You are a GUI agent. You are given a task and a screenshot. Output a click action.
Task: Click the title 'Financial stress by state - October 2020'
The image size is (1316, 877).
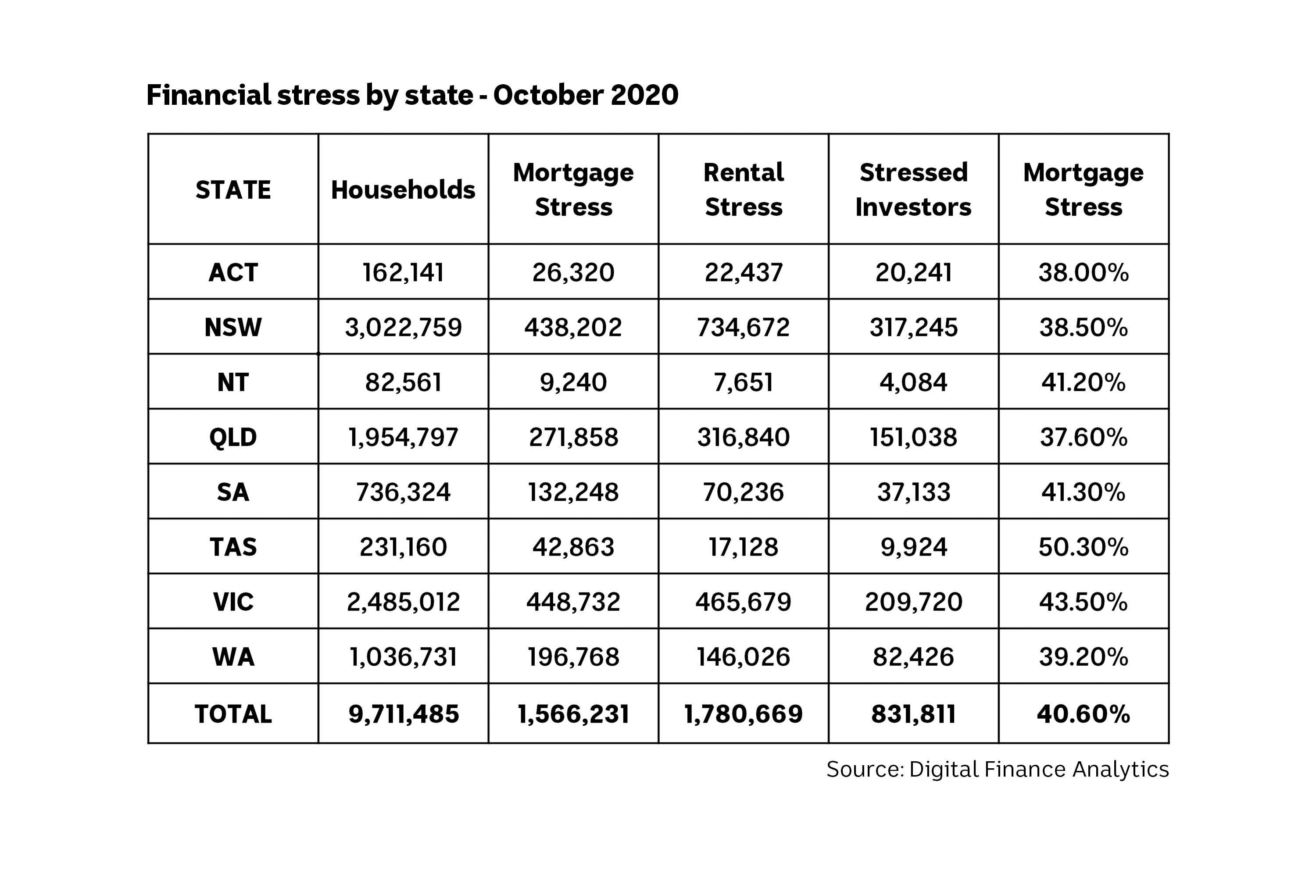tap(412, 95)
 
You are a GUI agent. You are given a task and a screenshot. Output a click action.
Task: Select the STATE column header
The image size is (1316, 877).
tap(233, 190)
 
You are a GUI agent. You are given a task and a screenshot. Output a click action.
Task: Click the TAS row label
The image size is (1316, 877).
tap(233, 547)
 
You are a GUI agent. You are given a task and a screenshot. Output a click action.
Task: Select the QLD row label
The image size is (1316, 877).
tap(233, 437)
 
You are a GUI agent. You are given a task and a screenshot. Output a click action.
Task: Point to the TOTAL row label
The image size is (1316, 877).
tap(233, 714)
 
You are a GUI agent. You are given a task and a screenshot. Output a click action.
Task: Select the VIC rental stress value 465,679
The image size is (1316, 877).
tap(743, 602)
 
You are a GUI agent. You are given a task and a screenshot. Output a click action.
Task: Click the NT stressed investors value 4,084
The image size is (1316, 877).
tap(913, 382)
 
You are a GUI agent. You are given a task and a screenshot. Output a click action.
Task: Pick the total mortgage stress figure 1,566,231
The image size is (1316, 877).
tap(573, 714)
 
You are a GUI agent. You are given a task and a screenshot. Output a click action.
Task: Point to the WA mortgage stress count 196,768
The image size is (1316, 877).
tap(573, 656)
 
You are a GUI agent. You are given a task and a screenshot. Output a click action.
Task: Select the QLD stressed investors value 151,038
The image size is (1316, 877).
tap(913, 437)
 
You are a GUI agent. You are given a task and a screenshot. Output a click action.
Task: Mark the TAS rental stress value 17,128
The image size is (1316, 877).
tap(743, 547)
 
